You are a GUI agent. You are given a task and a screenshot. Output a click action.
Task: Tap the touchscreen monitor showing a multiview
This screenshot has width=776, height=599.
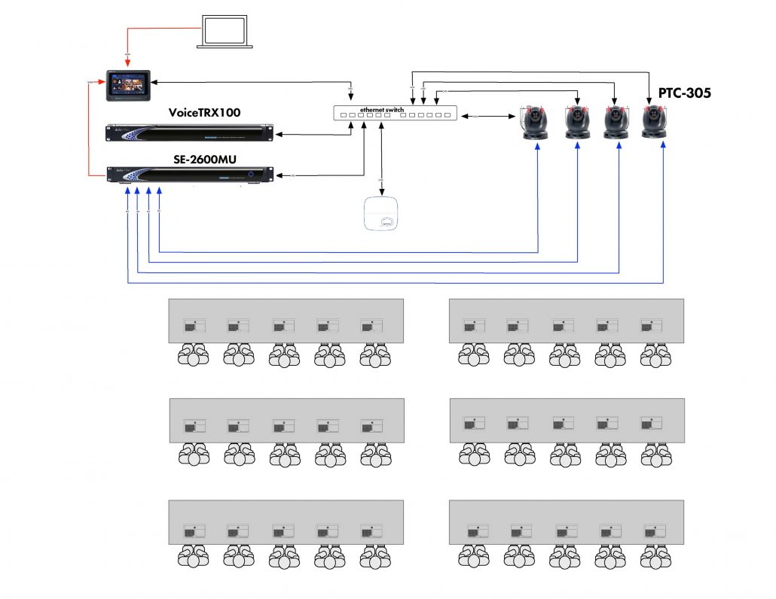pyautogui.click(x=129, y=85)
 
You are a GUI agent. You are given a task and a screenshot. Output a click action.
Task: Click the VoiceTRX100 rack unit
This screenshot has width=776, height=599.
pyautogui.click(x=189, y=133)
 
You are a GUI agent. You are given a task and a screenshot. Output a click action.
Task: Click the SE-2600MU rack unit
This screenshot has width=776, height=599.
pyautogui.click(x=189, y=175)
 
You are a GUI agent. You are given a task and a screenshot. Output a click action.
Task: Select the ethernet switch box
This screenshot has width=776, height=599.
pyautogui.click(x=395, y=114)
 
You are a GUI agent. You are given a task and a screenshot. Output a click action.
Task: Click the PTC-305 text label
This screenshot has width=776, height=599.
pyautogui.click(x=685, y=93)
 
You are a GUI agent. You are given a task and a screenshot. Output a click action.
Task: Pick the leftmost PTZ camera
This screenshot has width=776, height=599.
pyautogui.click(x=538, y=123)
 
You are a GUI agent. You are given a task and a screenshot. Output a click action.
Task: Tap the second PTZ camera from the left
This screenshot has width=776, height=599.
pyautogui.click(x=577, y=123)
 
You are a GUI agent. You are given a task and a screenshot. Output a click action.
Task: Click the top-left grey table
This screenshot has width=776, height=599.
pyautogui.click(x=286, y=321)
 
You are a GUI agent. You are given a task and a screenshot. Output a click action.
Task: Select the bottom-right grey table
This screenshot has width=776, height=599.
pyautogui.click(x=566, y=521)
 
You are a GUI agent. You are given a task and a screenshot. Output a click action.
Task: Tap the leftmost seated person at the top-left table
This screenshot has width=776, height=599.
pyautogui.click(x=194, y=355)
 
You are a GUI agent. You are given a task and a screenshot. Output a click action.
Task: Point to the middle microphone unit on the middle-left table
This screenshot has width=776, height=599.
pyautogui.click(x=283, y=426)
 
